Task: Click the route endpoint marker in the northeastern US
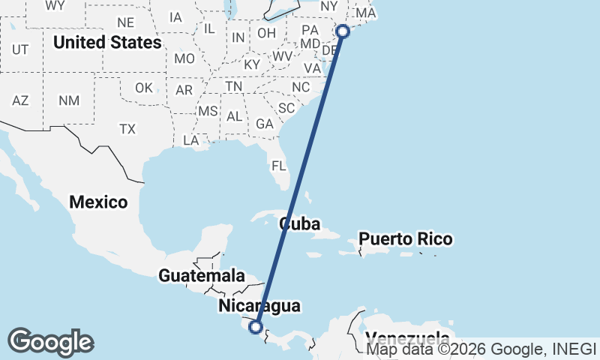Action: point(343,31)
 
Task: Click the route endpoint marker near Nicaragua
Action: point(256,327)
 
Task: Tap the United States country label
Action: point(106,43)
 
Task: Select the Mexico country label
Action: point(98,202)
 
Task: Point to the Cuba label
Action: point(300,224)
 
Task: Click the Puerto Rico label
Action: point(406,240)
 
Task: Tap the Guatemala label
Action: point(202,276)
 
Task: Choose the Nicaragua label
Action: point(259,306)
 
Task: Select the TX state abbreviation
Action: point(127,129)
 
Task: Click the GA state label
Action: point(264,124)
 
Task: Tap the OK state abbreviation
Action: point(144,88)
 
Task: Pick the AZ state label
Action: point(20,100)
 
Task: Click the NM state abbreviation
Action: point(69,100)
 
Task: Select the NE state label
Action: point(125,22)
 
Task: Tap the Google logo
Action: point(50,342)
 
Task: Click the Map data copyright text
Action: point(480,349)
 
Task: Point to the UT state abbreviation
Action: point(20,49)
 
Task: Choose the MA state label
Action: point(366,13)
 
